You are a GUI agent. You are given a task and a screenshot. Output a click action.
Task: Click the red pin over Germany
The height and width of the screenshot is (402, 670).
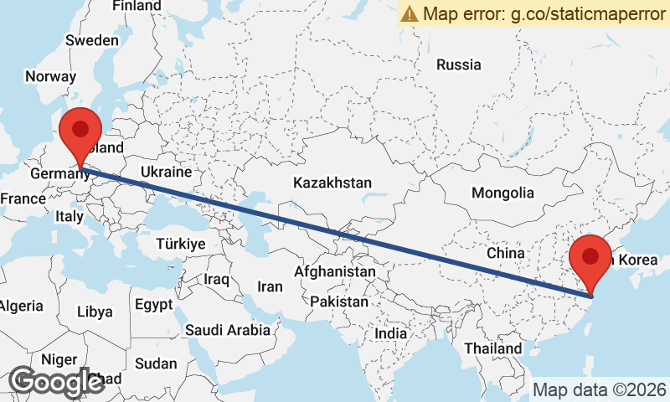80,131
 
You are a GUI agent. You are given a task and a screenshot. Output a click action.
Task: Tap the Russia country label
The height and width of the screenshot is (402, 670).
459,64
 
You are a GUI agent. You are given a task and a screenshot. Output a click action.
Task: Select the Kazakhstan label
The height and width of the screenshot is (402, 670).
332,183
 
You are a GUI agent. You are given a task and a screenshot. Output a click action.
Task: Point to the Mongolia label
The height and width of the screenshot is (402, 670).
502,193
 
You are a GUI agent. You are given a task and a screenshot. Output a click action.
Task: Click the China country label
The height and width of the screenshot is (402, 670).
505,252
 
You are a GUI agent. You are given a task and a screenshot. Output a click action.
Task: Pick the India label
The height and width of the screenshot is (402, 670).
390,332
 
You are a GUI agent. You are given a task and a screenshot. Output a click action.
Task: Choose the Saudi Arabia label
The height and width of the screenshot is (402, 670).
228,330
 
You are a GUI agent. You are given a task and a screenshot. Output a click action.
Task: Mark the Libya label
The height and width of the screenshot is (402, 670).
94,312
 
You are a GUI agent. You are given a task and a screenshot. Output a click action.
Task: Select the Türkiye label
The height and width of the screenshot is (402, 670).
180,244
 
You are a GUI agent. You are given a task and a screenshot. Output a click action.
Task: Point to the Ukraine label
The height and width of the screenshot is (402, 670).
166,171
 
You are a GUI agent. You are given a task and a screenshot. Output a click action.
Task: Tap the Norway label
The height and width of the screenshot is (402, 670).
50,76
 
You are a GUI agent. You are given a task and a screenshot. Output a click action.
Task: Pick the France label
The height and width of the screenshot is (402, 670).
23,198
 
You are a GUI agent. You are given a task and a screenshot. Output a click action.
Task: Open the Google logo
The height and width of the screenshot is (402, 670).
57,381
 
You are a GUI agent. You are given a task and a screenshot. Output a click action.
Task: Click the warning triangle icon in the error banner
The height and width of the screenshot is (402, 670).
410,13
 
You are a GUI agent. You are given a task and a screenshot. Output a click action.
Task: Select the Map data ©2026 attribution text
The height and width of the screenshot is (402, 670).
600,389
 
